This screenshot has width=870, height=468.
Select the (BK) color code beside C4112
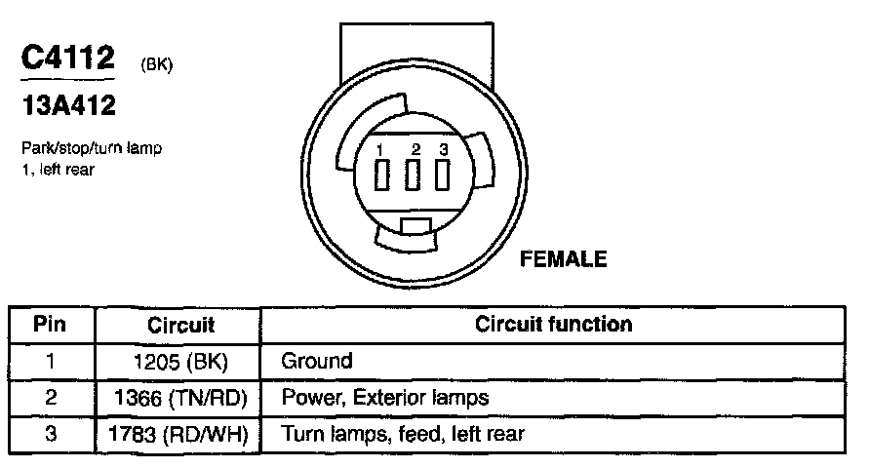click(x=157, y=66)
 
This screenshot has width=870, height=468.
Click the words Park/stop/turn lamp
click(x=90, y=149)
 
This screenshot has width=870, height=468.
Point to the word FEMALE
click(x=564, y=259)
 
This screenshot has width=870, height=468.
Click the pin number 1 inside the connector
click(x=384, y=149)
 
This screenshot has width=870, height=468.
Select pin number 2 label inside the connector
click(x=415, y=149)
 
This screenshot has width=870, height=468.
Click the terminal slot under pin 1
click(x=384, y=176)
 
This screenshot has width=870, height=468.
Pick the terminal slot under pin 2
click(x=414, y=176)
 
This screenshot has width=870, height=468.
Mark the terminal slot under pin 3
click(x=443, y=176)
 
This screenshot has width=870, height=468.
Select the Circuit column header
click(x=180, y=325)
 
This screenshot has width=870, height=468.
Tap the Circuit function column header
click(x=553, y=325)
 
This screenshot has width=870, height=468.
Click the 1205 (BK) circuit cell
click(x=180, y=362)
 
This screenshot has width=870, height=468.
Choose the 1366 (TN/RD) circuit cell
click(x=180, y=398)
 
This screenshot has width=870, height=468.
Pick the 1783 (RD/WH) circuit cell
click(x=180, y=434)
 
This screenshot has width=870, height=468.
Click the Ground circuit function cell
click(x=317, y=362)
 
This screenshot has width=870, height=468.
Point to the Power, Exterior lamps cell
click(x=384, y=398)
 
